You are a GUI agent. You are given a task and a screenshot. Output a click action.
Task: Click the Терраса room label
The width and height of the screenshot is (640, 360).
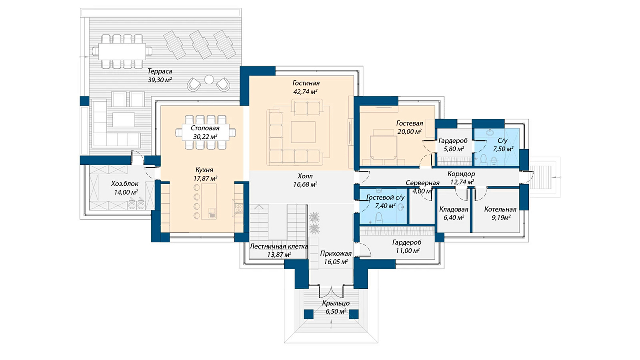click(x=160, y=71)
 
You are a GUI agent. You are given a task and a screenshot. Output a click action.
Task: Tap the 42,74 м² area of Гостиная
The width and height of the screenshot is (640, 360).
click(x=306, y=92)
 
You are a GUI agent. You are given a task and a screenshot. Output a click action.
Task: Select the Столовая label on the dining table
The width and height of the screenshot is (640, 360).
click(x=205, y=128)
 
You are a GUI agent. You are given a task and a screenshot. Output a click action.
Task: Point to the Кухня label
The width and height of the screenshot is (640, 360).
click(x=204, y=170)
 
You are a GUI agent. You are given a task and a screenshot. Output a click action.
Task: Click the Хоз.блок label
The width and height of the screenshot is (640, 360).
click(x=125, y=184)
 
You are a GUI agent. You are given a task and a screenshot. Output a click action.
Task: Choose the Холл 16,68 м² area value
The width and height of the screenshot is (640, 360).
click(x=305, y=184)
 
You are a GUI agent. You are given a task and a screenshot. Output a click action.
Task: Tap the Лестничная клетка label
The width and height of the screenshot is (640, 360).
click(x=279, y=246)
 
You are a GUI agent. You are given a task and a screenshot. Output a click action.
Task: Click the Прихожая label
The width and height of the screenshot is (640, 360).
click(x=336, y=254)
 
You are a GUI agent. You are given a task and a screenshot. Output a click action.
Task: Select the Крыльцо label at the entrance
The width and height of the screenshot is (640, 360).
click(x=336, y=303)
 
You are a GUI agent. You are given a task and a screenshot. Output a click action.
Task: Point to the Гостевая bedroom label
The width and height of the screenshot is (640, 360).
click(x=410, y=123)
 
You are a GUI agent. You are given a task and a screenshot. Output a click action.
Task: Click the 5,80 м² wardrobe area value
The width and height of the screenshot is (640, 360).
click(x=454, y=149)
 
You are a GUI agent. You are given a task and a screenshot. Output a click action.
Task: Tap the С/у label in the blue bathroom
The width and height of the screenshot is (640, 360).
click(x=502, y=140)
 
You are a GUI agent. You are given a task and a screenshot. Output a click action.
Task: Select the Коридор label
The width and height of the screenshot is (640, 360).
click(x=462, y=174)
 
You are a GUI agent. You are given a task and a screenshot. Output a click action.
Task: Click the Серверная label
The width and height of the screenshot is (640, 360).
click(x=422, y=183)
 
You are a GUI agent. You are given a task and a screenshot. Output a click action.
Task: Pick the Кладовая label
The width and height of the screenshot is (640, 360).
click(x=454, y=209)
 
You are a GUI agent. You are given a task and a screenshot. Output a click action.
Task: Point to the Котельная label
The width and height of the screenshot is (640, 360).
click(x=500, y=209)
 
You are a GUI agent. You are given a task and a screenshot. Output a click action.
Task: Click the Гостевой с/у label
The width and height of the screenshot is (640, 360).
click(x=386, y=197)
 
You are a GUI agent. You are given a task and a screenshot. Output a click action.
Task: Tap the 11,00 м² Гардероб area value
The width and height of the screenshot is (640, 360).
click(x=408, y=251)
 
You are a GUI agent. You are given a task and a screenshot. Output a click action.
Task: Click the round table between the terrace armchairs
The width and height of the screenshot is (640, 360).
click(x=209, y=80)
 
